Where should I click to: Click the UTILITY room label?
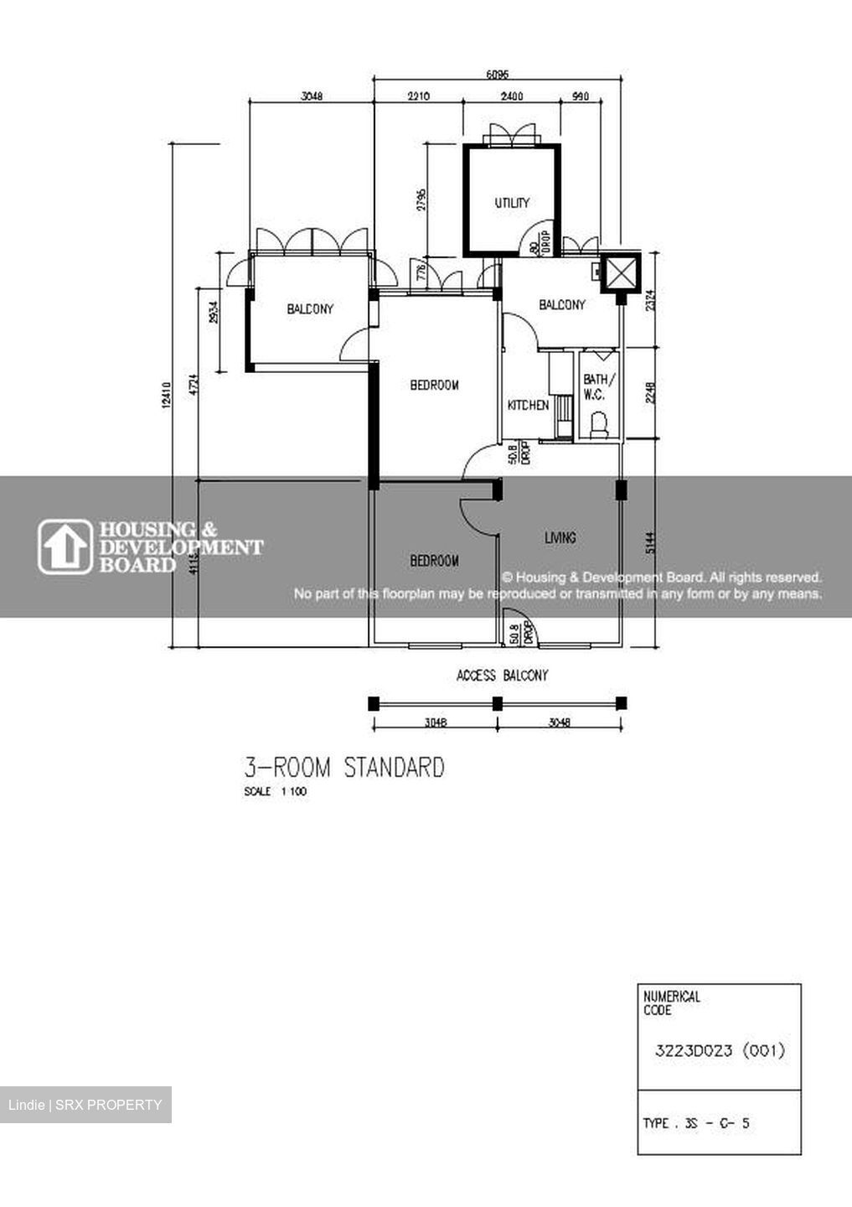pos(511,203)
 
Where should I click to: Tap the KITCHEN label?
pos(528,406)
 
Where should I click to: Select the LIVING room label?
pos(560,538)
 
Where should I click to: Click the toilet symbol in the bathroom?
pos(598,424)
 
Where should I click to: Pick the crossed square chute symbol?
pos(621,272)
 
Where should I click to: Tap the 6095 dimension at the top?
pos(498,74)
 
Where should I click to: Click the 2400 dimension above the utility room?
pos(511,96)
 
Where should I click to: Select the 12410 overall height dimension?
pos(166,395)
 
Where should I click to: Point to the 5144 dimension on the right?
pos(650,545)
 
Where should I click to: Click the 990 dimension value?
pos(580,96)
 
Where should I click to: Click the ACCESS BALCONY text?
pos(502,676)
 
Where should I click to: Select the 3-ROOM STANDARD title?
pos(343,768)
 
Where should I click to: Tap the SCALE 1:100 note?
pos(275,792)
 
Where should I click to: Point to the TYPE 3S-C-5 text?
pos(695,1124)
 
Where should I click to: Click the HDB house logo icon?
pos(65,547)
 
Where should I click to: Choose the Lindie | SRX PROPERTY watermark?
pos(85,1105)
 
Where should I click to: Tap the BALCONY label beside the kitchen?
pos(561,305)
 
